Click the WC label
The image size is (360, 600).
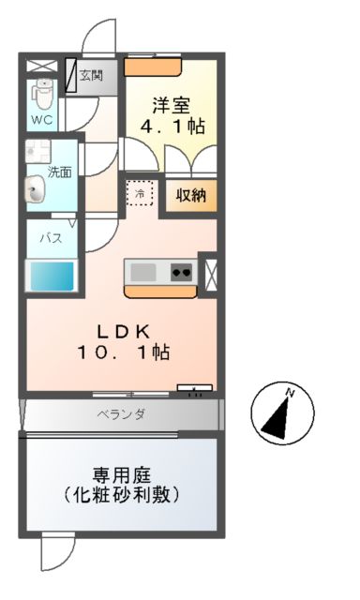click(x=41, y=120)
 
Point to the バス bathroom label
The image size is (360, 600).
click(x=50, y=238)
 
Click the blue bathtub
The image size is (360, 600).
click(x=50, y=277)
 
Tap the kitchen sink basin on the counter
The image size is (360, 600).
click(x=142, y=272)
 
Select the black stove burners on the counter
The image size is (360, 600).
click(x=181, y=272)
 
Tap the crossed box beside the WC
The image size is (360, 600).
click(x=41, y=67)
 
